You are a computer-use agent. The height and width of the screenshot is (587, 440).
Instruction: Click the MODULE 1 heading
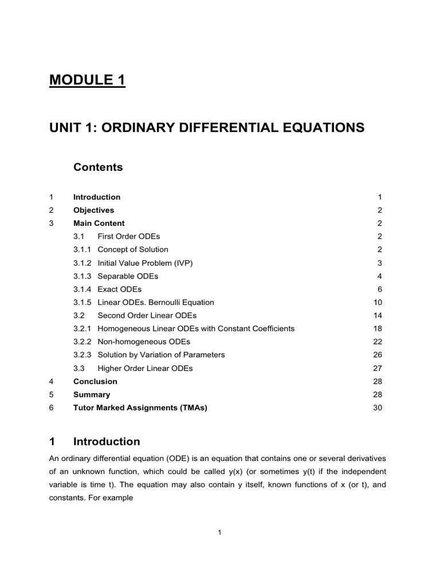click(87, 80)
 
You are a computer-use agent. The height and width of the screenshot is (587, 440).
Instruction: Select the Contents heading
click(98, 167)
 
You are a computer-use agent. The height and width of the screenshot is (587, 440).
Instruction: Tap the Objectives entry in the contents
click(93, 210)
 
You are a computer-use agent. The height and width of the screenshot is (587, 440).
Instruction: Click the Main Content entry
click(99, 223)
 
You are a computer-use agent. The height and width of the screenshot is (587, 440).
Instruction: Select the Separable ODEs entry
click(128, 276)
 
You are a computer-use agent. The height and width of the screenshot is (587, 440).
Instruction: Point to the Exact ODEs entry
click(119, 289)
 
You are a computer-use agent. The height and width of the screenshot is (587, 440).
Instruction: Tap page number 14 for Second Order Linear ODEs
click(377, 315)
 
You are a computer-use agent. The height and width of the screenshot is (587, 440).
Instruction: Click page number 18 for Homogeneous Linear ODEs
click(377, 328)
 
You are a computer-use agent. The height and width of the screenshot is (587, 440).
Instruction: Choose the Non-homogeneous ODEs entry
click(144, 342)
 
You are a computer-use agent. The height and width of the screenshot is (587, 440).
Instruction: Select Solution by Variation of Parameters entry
click(161, 355)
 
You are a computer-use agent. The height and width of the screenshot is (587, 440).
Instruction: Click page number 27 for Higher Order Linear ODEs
click(377, 369)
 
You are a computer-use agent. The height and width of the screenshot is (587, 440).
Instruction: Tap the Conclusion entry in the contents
click(95, 381)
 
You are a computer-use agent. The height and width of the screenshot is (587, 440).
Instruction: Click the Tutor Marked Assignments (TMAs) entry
click(140, 408)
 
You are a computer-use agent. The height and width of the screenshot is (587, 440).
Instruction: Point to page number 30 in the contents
click(377, 408)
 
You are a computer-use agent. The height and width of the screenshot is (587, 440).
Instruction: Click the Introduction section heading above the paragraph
click(107, 441)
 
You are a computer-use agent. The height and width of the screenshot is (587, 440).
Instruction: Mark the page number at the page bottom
click(219, 533)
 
